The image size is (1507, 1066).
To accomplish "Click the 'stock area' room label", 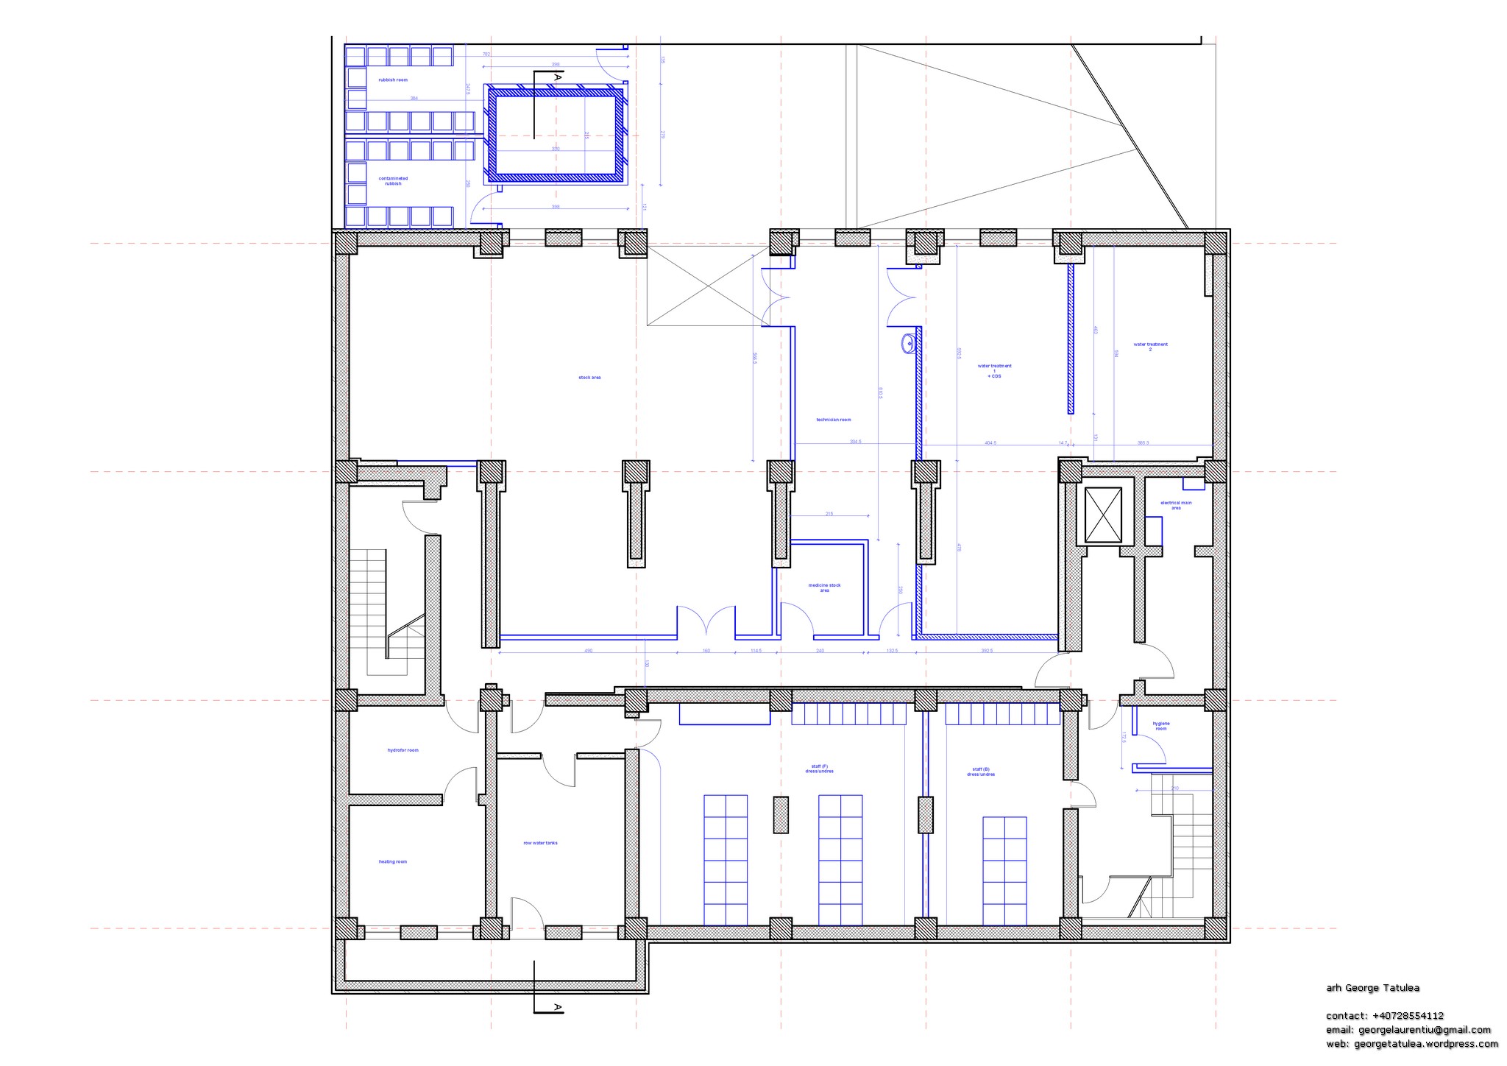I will click(x=589, y=378).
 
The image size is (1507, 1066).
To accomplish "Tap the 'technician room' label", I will click(x=833, y=420).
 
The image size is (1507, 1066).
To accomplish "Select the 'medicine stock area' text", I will click(x=824, y=587).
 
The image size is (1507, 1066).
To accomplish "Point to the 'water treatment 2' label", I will click(x=1150, y=346).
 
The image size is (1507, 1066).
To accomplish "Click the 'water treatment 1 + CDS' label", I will click(x=994, y=370).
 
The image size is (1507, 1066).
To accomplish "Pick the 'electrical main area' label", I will click(x=1176, y=505).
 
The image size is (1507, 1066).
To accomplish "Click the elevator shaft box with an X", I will click(x=1103, y=515).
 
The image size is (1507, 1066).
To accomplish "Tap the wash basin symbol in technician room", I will click(x=909, y=342).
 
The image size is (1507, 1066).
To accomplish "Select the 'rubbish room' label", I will click(x=393, y=80).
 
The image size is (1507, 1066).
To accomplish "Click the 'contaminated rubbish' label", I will click(x=393, y=180).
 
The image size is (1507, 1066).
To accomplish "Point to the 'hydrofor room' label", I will click(x=403, y=750).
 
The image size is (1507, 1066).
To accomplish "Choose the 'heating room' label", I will click(x=392, y=861).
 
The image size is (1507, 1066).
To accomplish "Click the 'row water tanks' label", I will click(x=540, y=843).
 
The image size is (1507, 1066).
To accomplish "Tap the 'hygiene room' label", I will click(x=1161, y=726).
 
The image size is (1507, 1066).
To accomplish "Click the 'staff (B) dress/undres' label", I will click(x=981, y=772).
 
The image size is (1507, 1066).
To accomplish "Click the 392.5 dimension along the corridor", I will click(x=987, y=651).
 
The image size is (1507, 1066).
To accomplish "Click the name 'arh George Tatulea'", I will click(x=1372, y=988).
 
